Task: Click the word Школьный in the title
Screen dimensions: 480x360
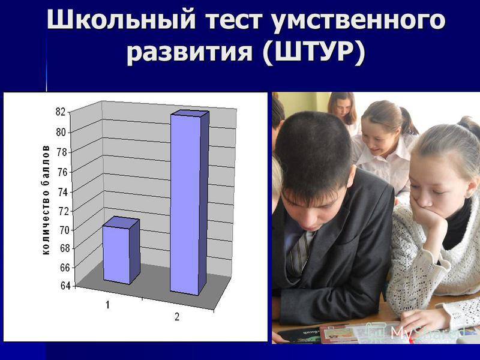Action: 121,20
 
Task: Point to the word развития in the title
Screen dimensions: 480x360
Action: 190,53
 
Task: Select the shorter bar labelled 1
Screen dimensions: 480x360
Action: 121,251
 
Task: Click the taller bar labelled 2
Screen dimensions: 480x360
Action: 190,203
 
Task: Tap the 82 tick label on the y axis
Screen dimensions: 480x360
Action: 61,112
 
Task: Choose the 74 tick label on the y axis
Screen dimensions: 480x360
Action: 63,192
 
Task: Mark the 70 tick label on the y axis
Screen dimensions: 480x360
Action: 64,230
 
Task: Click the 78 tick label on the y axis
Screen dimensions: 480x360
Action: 62,152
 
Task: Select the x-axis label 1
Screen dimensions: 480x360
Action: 107,305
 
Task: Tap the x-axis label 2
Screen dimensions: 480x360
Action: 177,317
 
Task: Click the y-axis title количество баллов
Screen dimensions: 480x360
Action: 46,200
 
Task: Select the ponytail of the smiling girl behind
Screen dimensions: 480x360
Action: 409,121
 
